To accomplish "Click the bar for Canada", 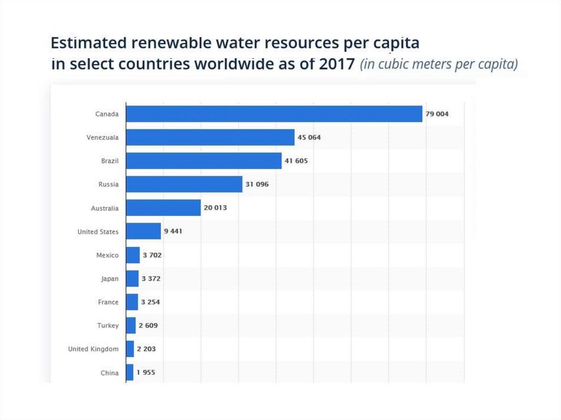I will tap(274, 114).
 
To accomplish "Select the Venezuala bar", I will tap(210, 137).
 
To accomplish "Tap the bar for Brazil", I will tap(204, 161).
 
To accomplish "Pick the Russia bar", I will tap(184, 185).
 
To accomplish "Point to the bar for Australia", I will tap(163, 208).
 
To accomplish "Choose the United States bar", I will tap(144, 232).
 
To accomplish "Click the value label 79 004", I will tap(437, 114).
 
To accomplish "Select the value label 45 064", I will tap(309, 137).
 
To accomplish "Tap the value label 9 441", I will tap(173, 232).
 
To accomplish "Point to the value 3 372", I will tap(151, 279).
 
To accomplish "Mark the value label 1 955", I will tap(146, 373).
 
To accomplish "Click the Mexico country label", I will tap(107, 255).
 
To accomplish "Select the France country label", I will tap(108, 302).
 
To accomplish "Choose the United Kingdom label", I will tap(93, 349).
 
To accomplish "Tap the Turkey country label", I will tap(108, 326).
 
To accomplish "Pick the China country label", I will tap(110, 373).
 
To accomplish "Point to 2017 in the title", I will tap(335, 64).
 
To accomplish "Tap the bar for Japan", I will tap(132, 279).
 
